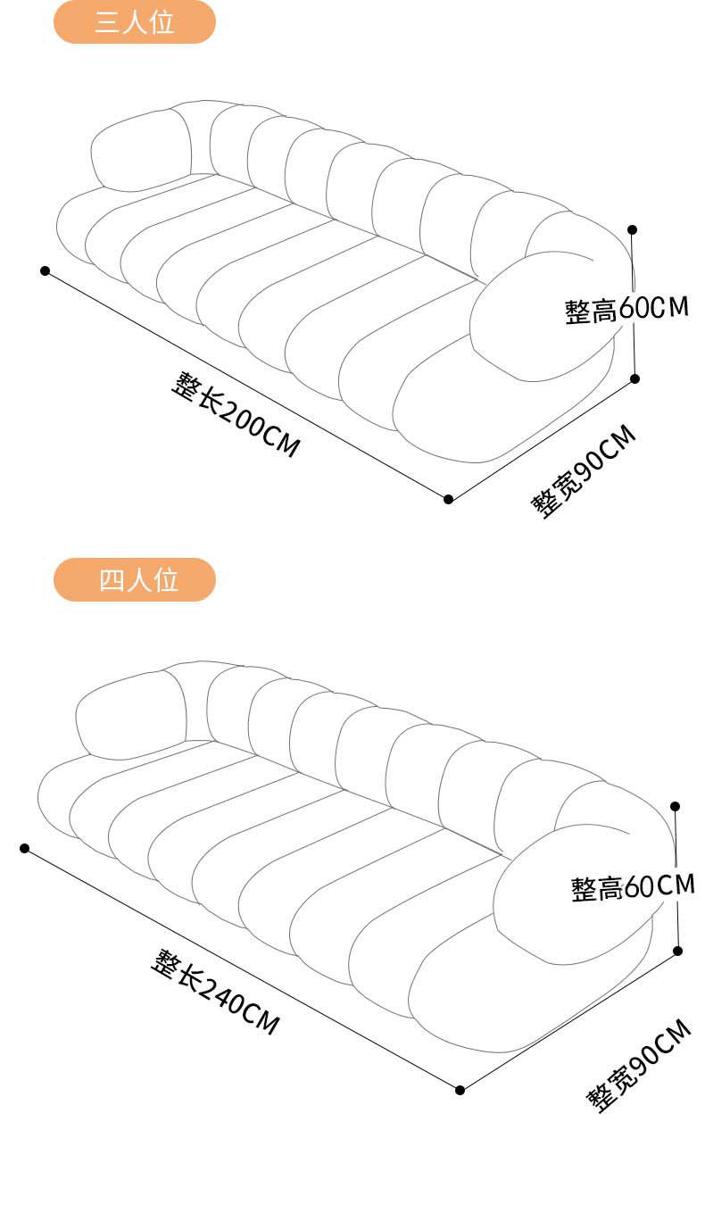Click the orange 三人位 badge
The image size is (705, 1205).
[135, 22]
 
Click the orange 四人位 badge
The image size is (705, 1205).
[135, 579]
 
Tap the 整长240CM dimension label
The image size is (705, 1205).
[214, 992]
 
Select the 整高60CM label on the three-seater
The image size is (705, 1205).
[626, 309]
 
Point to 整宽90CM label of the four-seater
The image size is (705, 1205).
[639, 1064]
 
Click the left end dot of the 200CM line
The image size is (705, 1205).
[45, 270]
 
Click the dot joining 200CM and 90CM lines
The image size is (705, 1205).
[449, 499]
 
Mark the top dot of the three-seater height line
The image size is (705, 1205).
[633, 229]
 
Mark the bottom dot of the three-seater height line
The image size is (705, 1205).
[635, 378]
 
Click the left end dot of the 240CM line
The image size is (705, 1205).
[24, 848]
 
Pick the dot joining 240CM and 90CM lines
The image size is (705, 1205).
[460, 1090]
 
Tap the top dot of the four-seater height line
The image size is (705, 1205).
[676, 806]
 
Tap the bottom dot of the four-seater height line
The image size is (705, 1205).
[678, 951]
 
